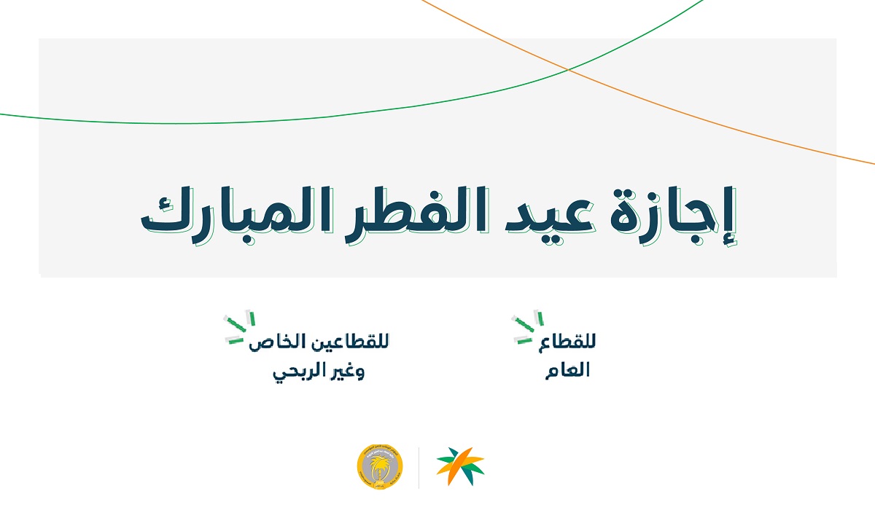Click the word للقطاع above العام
(567, 342)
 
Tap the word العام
(567, 369)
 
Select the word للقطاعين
(348, 342)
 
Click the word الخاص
(276, 342)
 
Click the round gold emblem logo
(380, 467)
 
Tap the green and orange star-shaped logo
(460, 466)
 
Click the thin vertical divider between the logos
(419, 468)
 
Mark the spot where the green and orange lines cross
(568, 70)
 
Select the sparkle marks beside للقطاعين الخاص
(239, 328)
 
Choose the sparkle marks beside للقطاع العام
(527, 327)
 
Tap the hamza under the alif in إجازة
(729, 241)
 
